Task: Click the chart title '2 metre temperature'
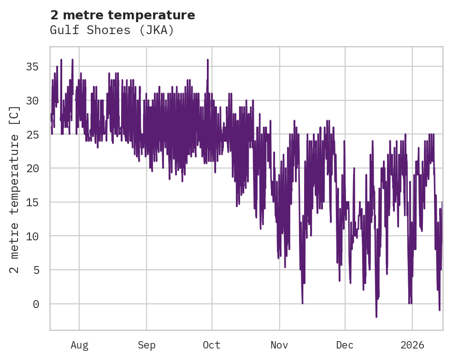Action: pos(123,15)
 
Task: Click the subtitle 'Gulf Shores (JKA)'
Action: pos(112,30)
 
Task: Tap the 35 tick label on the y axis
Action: pos(33,67)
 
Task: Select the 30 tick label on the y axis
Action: pos(33,101)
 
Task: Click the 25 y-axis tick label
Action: pos(33,134)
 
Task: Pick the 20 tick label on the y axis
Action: pos(33,168)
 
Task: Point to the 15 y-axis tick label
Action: pos(33,202)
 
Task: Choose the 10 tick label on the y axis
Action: pos(33,236)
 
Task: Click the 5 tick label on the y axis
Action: pos(36,270)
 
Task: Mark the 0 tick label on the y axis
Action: pos(36,304)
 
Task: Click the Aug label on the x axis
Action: pos(79,345)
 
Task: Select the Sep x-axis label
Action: pos(147,345)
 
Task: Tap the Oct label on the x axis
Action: pos(211,345)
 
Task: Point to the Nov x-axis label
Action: pos(279,345)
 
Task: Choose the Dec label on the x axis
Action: pos(345,345)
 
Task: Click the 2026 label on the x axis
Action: pos(412,345)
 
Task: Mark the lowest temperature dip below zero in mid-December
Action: pos(376,317)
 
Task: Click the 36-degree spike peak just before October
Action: pos(208,60)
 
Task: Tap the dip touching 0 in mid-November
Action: pos(302,303)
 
